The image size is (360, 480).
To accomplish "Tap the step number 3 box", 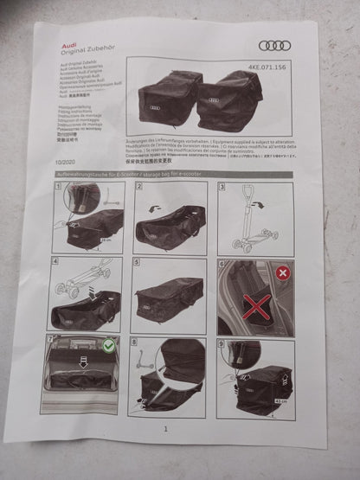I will coord(222,188).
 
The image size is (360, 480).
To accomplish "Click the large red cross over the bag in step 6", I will coord(256,307).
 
